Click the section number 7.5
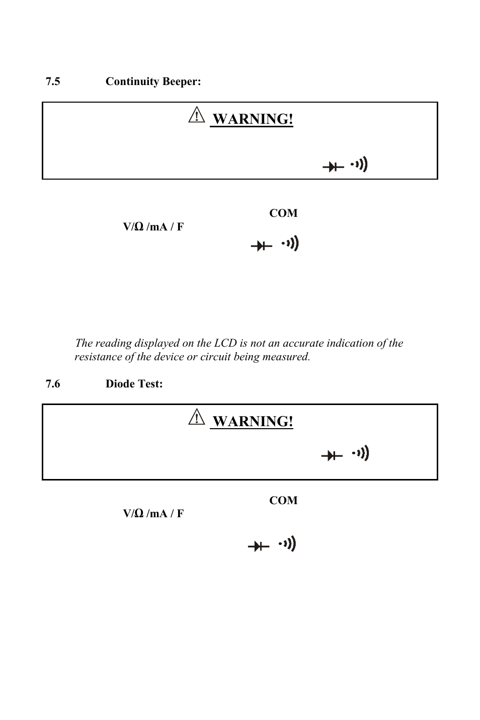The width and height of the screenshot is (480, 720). (x=53, y=82)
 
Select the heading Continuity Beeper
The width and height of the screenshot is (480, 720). (x=153, y=82)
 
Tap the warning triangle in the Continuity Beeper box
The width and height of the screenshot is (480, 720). (x=196, y=116)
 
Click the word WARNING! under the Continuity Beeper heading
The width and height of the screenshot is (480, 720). (x=253, y=119)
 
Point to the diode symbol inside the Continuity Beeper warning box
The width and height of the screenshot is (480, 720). (x=333, y=167)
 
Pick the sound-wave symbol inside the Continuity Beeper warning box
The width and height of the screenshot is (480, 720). (x=359, y=165)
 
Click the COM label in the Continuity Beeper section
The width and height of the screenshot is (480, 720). (x=283, y=213)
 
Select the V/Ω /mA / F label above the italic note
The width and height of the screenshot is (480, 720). (x=153, y=227)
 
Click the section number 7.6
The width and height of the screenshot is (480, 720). (x=53, y=384)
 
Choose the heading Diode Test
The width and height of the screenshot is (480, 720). (x=134, y=384)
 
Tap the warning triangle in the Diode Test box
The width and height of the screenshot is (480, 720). (x=196, y=418)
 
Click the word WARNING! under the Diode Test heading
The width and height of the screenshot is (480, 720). (x=253, y=421)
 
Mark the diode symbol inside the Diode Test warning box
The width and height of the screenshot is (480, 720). (x=332, y=456)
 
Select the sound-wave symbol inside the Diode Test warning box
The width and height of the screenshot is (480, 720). (x=361, y=454)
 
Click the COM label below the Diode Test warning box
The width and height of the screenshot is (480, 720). (x=283, y=501)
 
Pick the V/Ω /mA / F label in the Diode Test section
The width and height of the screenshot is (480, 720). (x=153, y=514)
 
